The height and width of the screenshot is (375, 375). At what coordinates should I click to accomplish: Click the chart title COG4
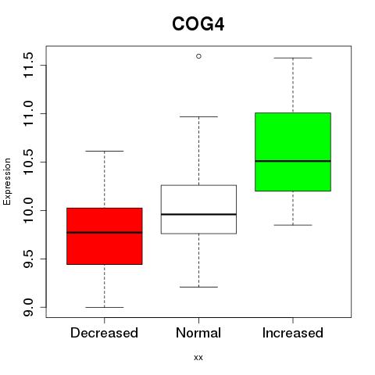pos(198,24)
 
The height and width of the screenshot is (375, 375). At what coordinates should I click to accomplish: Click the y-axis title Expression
pos(7,181)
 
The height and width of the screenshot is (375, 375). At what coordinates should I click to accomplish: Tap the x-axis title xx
pos(198,358)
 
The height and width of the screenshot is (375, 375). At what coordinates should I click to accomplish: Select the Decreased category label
pos(104,333)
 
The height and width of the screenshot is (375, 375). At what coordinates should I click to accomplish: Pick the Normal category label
pos(198,333)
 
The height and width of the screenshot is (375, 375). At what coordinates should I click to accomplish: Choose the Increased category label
pos(293,333)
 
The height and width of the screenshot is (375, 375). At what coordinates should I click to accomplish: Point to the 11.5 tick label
pos(28,65)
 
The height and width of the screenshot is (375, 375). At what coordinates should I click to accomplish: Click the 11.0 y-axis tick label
pos(28,113)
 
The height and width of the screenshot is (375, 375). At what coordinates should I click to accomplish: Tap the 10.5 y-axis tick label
pos(28,162)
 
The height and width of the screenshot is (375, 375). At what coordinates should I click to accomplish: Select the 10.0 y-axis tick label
pos(28,210)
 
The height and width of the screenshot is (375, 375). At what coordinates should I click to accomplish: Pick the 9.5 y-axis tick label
pos(28,259)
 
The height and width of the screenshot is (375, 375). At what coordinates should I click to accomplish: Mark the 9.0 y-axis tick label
pos(28,307)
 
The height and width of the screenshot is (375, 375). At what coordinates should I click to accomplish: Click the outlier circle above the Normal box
pos(198,56)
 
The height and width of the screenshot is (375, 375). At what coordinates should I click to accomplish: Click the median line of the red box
pos(105,233)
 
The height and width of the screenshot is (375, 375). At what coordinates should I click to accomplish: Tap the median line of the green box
pos(293,161)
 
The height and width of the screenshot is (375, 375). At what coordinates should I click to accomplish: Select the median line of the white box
pos(198,214)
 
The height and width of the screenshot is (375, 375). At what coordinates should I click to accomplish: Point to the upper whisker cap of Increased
pos(293,58)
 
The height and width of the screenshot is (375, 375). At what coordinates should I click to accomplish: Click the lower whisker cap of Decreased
pos(105,307)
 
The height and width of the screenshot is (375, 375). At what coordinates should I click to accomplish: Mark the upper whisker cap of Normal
pos(198,116)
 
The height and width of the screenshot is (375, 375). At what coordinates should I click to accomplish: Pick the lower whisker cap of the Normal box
pos(198,287)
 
